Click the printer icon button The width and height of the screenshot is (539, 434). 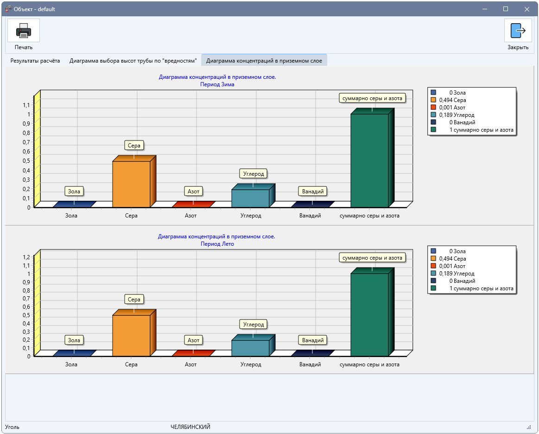pyautogui.click(x=23, y=30)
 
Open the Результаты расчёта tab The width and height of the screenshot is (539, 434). pyautogui.click(x=35, y=61)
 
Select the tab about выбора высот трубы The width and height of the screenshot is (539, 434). pyautogui.click(x=133, y=61)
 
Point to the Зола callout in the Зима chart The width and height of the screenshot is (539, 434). pyautogui.click(x=74, y=191)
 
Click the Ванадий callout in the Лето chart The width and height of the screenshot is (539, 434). pyautogui.click(x=313, y=340)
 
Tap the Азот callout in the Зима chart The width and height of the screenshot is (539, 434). pyautogui.click(x=193, y=191)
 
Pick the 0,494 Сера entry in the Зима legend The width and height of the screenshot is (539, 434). pyautogui.click(x=452, y=100)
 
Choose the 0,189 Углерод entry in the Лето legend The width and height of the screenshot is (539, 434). pyautogui.click(x=457, y=274)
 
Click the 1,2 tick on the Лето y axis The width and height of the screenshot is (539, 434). pyautogui.click(x=26, y=257)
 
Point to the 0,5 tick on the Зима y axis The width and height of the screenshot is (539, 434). pyautogui.click(x=26, y=160)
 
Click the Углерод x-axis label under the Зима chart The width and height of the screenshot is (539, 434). pyautogui.click(x=251, y=216)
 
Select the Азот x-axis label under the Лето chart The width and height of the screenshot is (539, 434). pyautogui.click(x=190, y=364)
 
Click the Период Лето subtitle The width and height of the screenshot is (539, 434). pyautogui.click(x=217, y=244)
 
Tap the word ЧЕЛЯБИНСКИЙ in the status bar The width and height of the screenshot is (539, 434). pyautogui.click(x=190, y=427)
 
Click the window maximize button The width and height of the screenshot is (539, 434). pyautogui.click(x=505, y=9)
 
